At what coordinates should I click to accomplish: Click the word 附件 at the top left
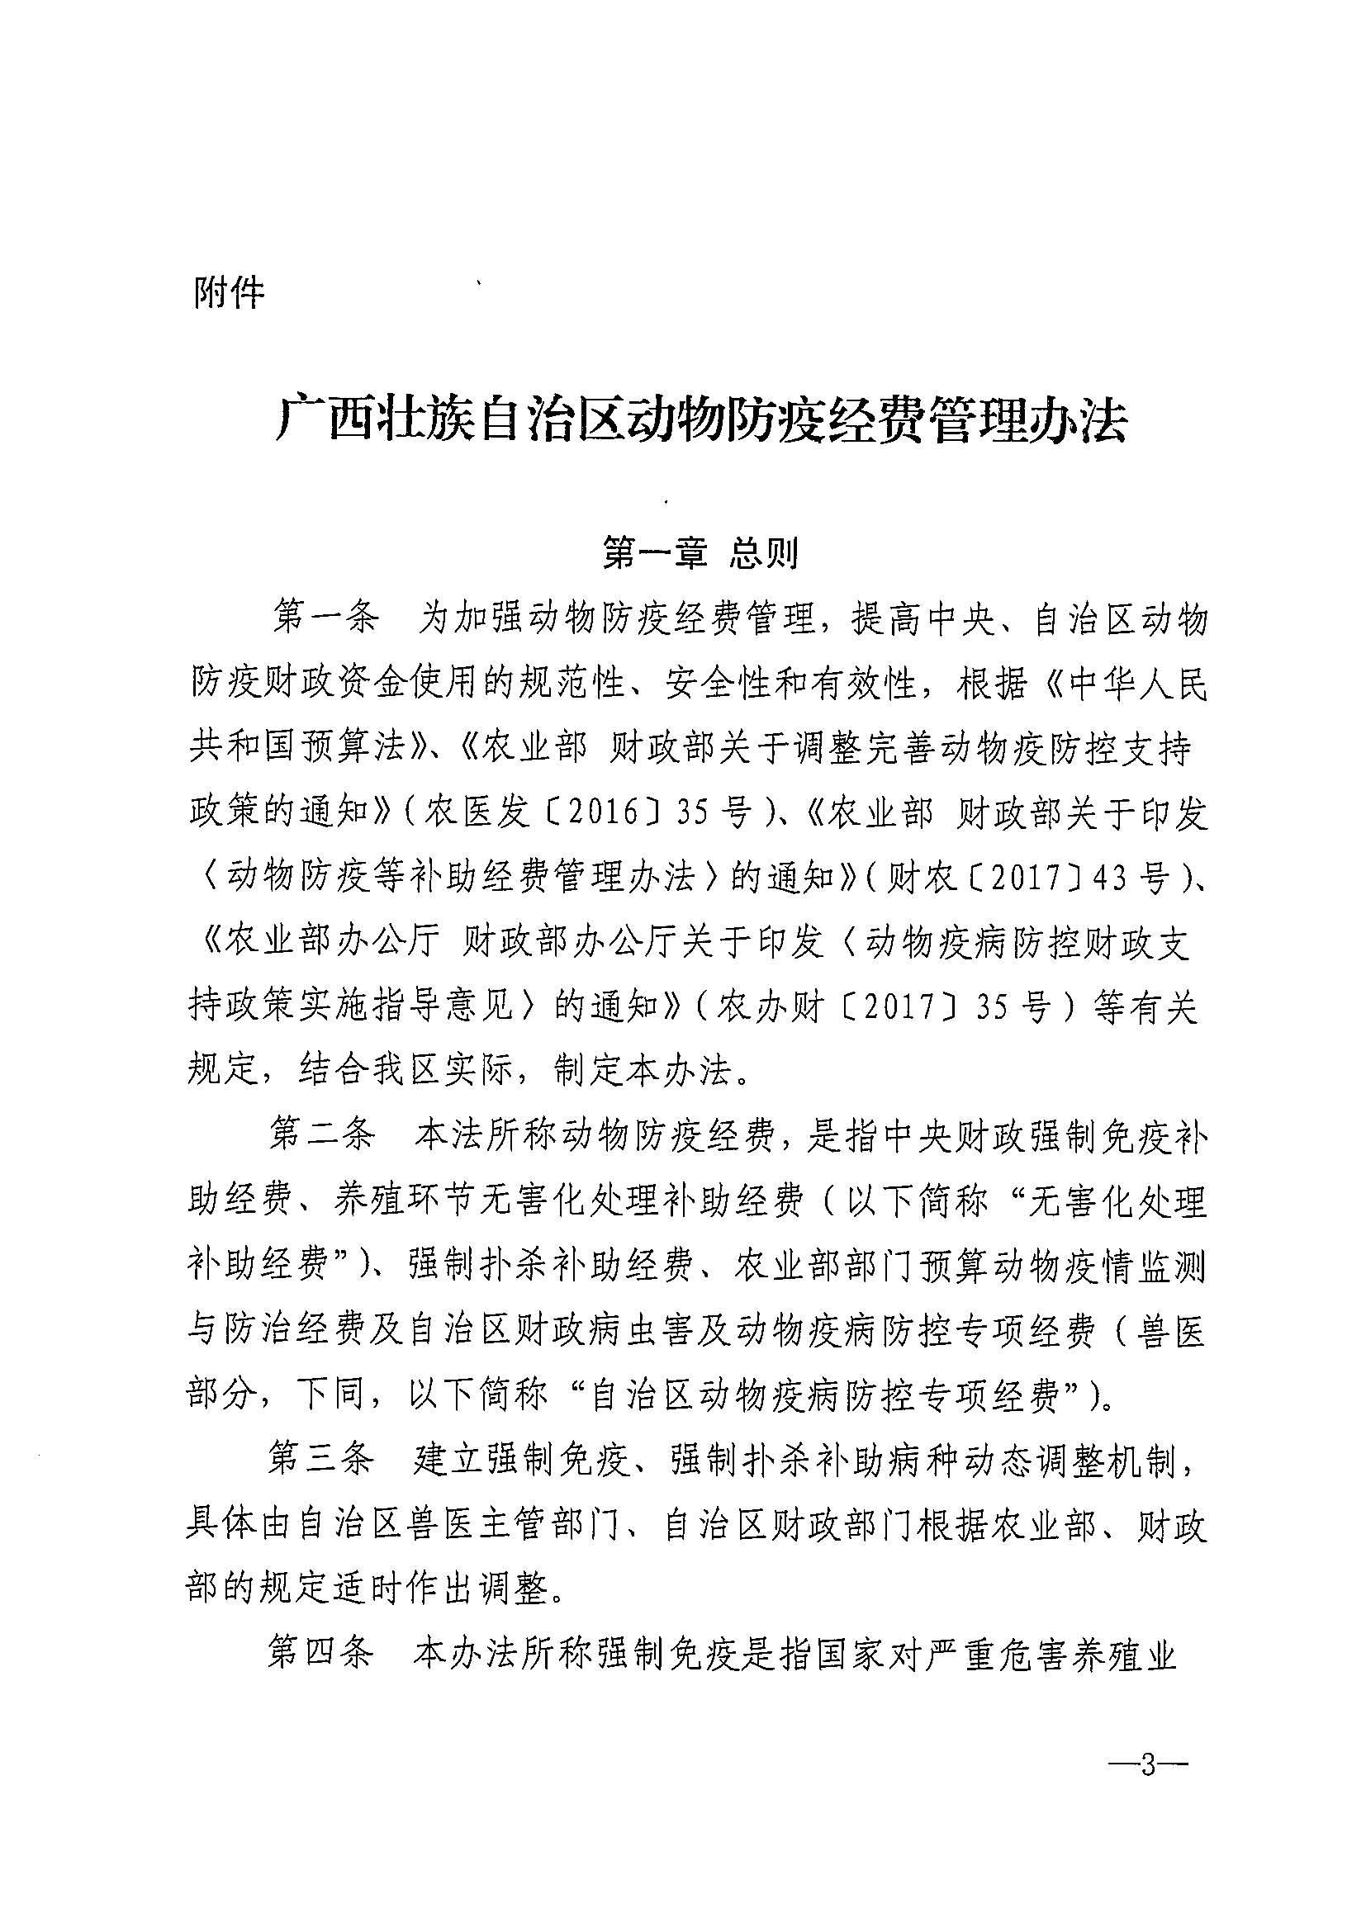pyautogui.click(x=229, y=293)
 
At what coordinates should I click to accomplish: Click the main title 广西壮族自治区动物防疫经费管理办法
pyautogui.click(x=700, y=420)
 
